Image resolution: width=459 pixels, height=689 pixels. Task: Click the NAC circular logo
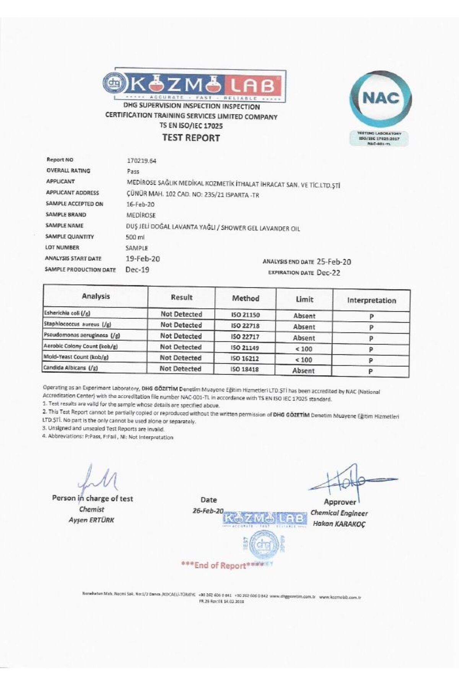click(x=381, y=98)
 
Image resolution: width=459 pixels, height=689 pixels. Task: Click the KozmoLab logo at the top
click(x=194, y=86)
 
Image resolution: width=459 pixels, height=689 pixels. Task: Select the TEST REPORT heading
click(x=191, y=138)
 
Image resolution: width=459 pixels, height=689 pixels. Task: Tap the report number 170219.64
click(x=141, y=161)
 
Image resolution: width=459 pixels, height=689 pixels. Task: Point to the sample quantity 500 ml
click(x=135, y=237)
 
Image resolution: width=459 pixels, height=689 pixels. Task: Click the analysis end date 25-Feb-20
click(x=334, y=262)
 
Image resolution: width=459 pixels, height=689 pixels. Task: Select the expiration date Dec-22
click(x=328, y=273)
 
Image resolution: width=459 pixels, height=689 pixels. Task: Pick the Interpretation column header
click(x=371, y=300)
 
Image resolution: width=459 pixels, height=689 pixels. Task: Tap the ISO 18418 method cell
click(x=245, y=370)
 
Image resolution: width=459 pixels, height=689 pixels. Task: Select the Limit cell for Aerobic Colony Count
click(x=304, y=349)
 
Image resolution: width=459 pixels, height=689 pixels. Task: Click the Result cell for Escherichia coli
click(x=181, y=314)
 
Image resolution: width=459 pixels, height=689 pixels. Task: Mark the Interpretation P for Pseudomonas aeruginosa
click(x=371, y=339)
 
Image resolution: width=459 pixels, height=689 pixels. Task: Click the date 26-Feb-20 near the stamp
click(x=208, y=511)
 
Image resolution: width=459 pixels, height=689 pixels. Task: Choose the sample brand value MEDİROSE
click(x=141, y=215)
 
